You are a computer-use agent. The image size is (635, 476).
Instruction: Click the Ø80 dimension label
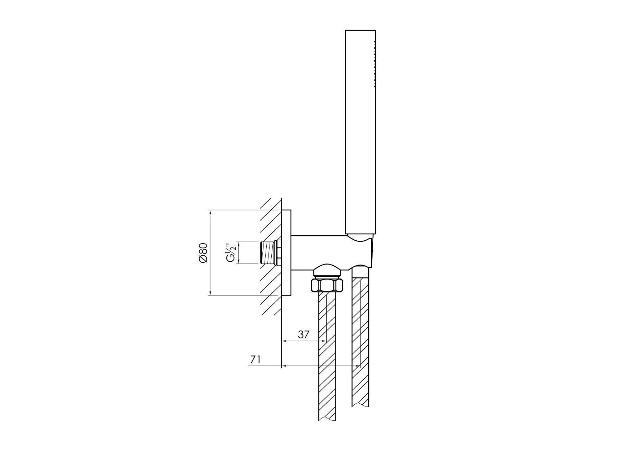tap(203, 253)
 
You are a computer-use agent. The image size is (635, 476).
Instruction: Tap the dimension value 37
tap(304, 334)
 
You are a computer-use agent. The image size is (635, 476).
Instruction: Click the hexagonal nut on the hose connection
tap(327, 285)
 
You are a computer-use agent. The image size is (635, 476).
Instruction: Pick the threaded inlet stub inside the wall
tap(268, 253)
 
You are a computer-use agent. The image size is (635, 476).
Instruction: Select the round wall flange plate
tap(286, 253)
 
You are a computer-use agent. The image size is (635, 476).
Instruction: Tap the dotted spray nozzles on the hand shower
tap(375, 64)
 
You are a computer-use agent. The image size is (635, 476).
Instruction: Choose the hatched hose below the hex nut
tap(327, 357)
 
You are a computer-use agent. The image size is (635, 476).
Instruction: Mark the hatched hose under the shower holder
tap(361, 339)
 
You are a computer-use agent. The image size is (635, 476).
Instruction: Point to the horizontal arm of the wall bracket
tap(317, 251)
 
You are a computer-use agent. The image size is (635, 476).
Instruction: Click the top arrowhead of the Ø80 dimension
tap(210, 213)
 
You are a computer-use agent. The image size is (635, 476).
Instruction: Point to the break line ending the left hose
tap(327, 419)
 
